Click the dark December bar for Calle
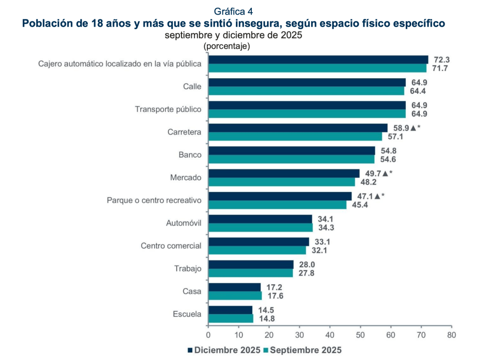[307, 83]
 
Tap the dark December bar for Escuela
[230, 310]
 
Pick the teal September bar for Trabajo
[250, 273]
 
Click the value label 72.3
[442, 60]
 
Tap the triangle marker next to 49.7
[385, 173]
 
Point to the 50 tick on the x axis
[360, 335]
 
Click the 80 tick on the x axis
[451, 335]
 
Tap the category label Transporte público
[168, 109]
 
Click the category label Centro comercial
[171, 246]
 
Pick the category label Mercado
[185, 177]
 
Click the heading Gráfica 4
[233, 11]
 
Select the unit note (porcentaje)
[226, 46]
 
